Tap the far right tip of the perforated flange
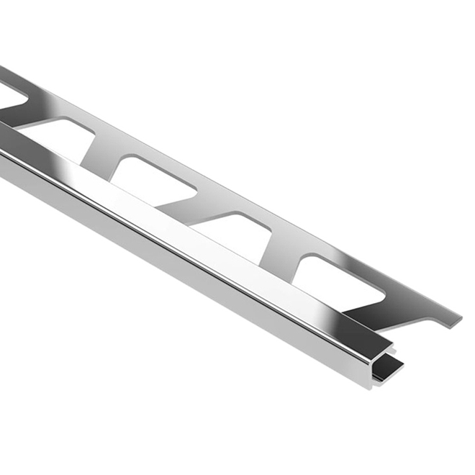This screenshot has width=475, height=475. click(x=460, y=317)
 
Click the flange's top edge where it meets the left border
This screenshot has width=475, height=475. click(x=2, y=68)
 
